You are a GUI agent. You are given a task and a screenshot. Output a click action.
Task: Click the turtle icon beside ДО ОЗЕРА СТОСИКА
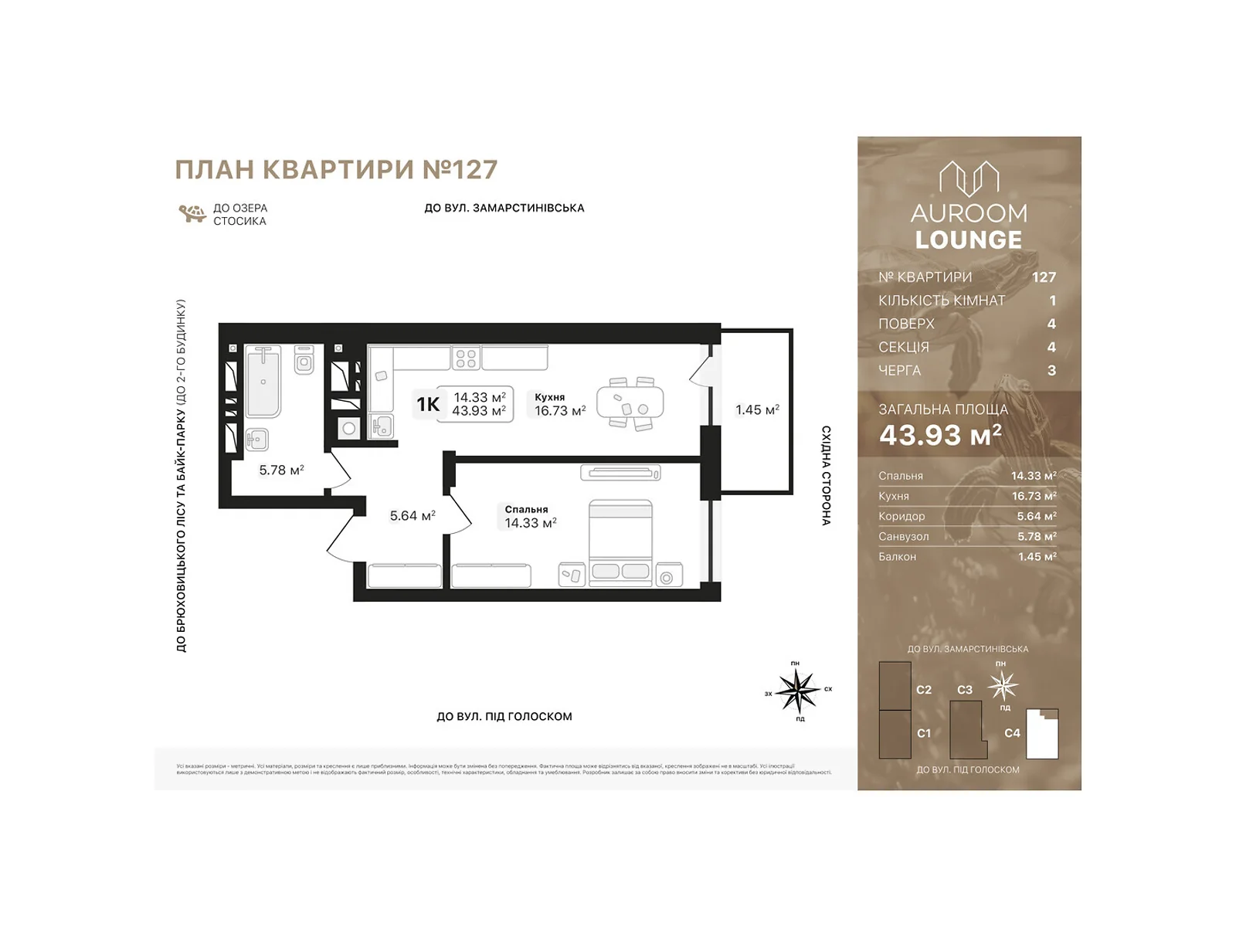[x=192, y=213]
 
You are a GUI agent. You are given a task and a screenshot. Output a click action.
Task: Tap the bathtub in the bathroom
[x=263, y=382]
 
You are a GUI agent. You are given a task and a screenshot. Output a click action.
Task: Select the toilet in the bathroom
[x=304, y=361]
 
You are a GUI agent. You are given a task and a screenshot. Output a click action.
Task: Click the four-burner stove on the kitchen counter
[x=466, y=358]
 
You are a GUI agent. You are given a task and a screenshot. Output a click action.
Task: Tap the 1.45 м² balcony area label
[x=756, y=410]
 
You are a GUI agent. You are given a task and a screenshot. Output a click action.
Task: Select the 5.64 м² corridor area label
[x=413, y=515]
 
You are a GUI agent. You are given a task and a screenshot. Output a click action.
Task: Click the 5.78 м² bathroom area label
[x=281, y=470]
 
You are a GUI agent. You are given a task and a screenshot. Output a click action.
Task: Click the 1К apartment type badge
[x=428, y=404]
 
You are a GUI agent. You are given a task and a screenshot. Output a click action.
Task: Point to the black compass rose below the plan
[x=797, y=690]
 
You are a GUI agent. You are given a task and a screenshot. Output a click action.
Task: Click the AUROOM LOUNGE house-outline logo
[x=969, y=178]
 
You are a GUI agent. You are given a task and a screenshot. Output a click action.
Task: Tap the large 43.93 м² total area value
[x=940, y=436]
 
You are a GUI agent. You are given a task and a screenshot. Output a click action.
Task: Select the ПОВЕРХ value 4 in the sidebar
[x=1051, y=324]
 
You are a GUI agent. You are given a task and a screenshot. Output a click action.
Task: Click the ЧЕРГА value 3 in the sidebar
[x=1051, y=370]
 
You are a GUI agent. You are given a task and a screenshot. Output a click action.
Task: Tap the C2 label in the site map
[x=924, y=690]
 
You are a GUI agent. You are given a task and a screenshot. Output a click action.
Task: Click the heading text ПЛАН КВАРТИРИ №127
[x=336, y=170]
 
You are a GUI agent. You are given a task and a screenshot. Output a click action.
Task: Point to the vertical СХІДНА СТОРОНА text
[x=826, y=475]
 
